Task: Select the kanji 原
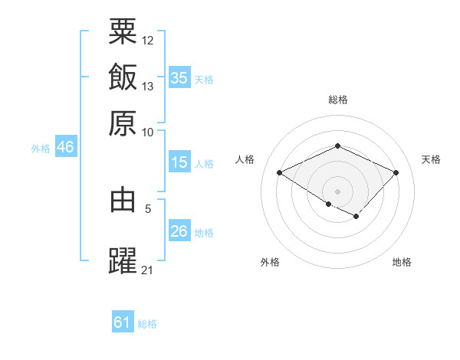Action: [123, 123]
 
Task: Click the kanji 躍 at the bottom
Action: [123, 260]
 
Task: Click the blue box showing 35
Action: [179, 77]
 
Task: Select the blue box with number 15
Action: [179, 162]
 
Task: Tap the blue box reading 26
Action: [179, 231]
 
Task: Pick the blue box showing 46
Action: [65, 147]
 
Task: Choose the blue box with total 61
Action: [123, 322]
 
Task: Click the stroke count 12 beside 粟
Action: [148, 40]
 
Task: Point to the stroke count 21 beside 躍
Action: [148, 270]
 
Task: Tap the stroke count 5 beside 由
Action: [148, 208]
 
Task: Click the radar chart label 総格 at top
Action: [338, 100]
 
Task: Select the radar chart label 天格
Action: [431, 159]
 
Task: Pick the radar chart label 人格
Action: [245, 159]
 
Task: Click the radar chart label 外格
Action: [270, 262]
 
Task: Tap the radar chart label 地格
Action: [402, 262]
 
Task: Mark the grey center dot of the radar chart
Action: [338, 191]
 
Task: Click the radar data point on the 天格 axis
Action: [396, 172]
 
